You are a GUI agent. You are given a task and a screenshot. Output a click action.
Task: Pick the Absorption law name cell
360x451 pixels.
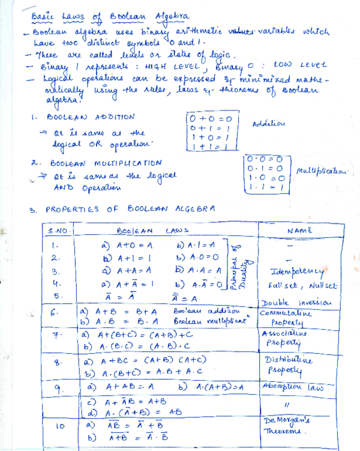293,387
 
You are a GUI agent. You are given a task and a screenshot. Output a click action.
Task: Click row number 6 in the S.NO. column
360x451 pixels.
55,313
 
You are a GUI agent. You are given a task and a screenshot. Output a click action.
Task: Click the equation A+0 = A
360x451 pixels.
126,245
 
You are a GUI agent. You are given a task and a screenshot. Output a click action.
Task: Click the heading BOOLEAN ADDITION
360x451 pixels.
92,117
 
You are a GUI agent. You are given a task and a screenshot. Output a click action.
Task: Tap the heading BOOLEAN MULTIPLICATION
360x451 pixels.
106,163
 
